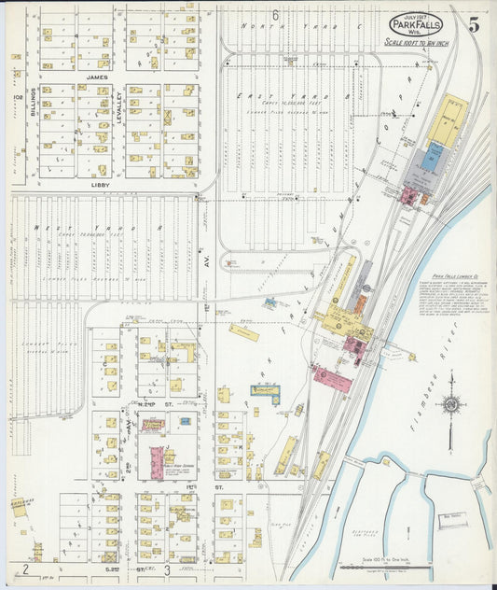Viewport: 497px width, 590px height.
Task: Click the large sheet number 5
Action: pyautogui.click(x=474, y=25)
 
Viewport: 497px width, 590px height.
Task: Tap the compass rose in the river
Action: pyautogui.click(x=451, y=406)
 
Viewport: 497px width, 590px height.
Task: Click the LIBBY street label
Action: pyautogui.click(x=100, y=185)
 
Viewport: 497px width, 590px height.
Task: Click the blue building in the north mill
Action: pyautogui.click(x=429, y=160)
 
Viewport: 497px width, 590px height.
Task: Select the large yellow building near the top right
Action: pyautogui.click(x=449, y=121)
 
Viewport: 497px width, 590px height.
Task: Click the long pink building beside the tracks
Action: pyautogui.click(x=332, y=380)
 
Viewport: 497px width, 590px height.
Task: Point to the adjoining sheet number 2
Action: pyautogui.click(x=26, y=569)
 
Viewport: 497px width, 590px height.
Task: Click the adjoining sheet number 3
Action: pyautogui.click(x=167, y=569)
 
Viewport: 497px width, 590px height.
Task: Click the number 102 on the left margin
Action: pyautogui.click(x=16, y=97)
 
